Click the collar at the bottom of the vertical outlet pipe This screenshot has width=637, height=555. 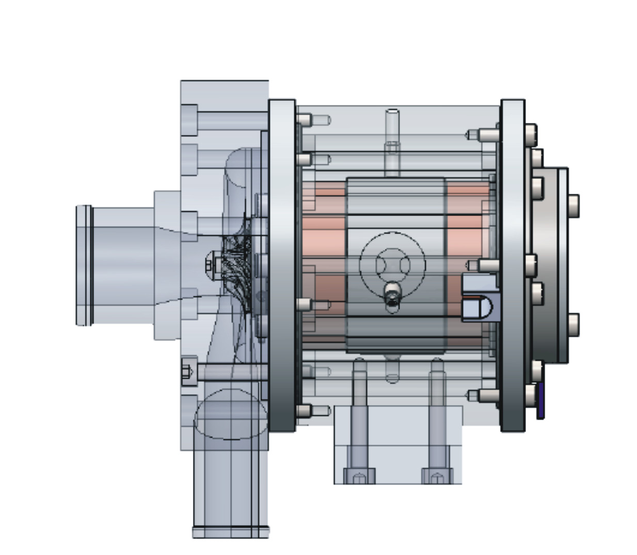point(231,532)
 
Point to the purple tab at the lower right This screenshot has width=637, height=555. point(540,401)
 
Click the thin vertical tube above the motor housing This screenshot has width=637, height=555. point(392,142)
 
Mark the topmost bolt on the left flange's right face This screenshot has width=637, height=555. point(305,120)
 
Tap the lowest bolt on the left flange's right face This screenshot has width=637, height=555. point(305,411)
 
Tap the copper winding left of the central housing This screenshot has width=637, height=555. point(323,243)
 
